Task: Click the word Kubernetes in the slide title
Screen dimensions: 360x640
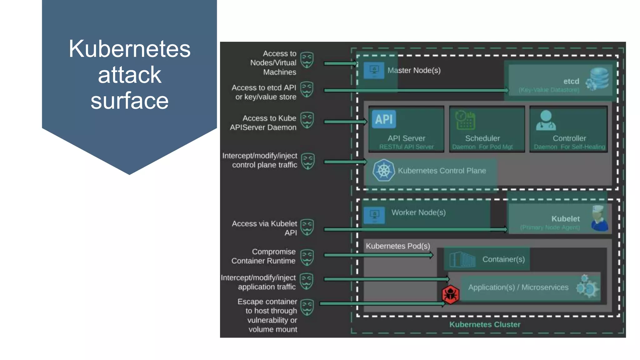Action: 129,49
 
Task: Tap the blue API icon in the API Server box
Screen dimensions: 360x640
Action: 384,119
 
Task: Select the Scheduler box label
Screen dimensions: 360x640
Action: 482,138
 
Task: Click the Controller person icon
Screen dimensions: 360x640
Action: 546,120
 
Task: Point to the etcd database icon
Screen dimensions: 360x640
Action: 598,79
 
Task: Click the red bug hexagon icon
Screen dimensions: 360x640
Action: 450,294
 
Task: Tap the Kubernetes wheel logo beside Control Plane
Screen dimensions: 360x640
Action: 383,171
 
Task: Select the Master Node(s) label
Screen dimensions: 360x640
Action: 414,70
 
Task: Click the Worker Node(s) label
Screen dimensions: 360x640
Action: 418,212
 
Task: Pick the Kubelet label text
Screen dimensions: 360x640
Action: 565,219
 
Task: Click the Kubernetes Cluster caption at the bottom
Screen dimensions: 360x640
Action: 485,324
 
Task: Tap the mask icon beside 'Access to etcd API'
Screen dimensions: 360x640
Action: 307,90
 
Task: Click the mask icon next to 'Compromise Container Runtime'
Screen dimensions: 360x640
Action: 307,257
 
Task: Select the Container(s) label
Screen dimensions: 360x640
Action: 503,259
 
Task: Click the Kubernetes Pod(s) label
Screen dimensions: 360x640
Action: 398,246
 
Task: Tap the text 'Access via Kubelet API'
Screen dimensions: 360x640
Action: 264,228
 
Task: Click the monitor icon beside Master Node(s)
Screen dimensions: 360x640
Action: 374,70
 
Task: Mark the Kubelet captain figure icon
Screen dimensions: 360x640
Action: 599,218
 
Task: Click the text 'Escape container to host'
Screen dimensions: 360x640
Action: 267,306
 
